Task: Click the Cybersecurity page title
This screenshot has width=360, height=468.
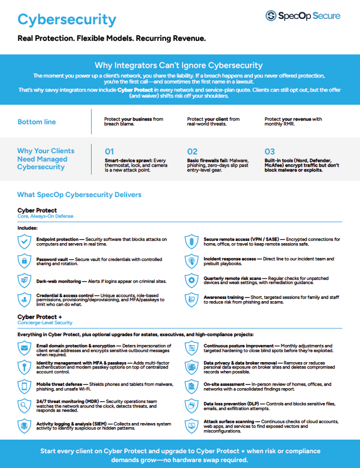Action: pyautogui.click(x=67, y=20)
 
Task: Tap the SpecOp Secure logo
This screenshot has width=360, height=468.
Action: pyautogui.click(x=303, y=16)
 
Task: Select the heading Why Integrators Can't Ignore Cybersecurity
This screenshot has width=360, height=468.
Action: pyautogui.click(x=179, y=66)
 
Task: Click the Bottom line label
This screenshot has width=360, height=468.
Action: pyautogui.click(x=37, y=122)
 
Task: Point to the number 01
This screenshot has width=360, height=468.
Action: pyautogui.click(x=109, y=152)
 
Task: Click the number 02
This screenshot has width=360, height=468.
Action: pyautogui.click(x=192, y=152)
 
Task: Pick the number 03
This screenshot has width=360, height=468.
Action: pyautogui.click(x=270, y=152)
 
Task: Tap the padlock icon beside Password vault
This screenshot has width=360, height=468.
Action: pyautogui.click(x=24, y=261)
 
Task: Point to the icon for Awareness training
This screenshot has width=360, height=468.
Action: pyautogui.click(x=192, y=299)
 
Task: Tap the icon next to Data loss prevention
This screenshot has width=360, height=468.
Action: pyautogui.click(x=192, y=406)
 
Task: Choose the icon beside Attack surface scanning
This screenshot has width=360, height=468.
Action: pyautogui.click(x=192, y=425)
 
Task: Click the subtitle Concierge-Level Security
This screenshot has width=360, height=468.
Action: pyautogui.click(x=45, y=323)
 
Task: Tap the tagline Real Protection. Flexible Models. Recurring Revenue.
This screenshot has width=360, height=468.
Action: pyautogui.click(x=111, y=38)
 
